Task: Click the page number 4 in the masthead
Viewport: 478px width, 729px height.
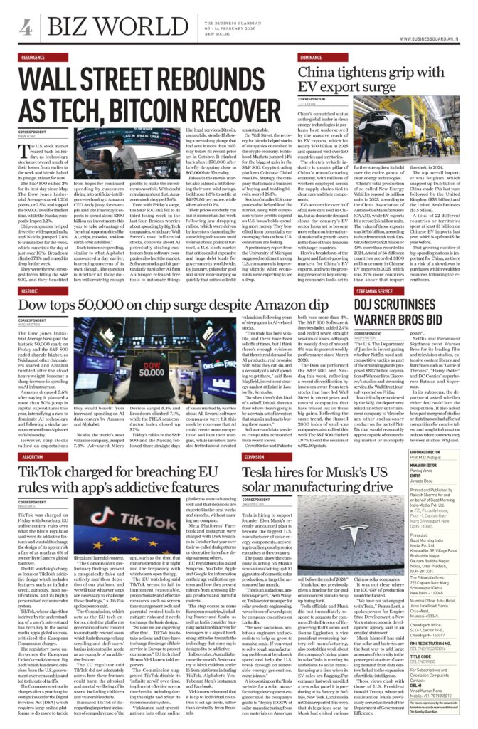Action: [26, 26]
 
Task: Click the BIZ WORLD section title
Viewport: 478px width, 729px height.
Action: [93, 27]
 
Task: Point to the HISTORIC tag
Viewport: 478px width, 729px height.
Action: [32, 272]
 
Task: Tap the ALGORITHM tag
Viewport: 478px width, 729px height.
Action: [34, 458]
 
